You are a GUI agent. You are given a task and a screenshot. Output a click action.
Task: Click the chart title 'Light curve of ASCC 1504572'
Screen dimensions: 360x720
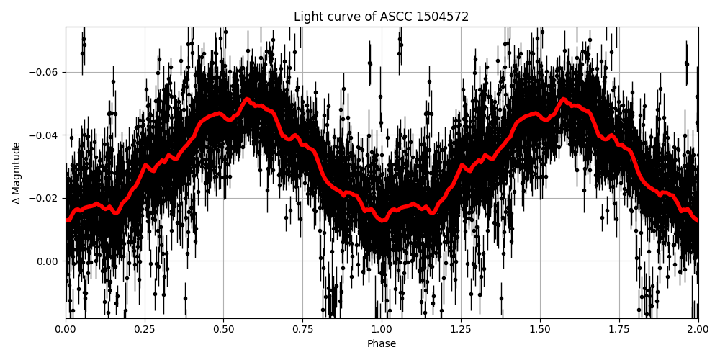(382, 17)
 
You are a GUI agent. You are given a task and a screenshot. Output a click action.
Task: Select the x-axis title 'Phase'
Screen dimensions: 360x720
(382, 344)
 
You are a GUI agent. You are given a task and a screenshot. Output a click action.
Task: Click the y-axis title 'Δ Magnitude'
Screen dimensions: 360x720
(17, 173)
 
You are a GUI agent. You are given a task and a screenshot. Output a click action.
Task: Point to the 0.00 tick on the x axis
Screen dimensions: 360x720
(66, 329)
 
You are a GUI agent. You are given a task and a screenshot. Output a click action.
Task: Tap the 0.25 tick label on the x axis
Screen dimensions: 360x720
(145, 329)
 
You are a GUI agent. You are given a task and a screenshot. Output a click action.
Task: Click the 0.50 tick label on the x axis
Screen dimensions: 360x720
(224, 329)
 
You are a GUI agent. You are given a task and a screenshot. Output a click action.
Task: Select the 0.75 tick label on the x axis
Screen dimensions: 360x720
(302, 329)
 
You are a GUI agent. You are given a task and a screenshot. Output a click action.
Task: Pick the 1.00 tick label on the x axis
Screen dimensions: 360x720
(382, 329)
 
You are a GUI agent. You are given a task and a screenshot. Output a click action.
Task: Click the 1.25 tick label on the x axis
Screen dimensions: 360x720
(461, 329)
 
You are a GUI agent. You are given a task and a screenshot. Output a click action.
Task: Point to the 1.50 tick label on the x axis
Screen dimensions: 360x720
(540, 329)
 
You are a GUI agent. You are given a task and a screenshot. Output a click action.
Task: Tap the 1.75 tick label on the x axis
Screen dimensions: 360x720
(619, 329)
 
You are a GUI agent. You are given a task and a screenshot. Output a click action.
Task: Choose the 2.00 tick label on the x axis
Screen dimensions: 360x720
(698, 329)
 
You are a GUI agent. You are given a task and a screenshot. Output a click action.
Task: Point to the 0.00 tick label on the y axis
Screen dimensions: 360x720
(49, 261)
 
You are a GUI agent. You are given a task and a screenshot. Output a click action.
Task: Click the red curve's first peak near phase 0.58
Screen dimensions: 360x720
(247, 99)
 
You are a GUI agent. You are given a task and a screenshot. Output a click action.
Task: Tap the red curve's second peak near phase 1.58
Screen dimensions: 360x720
(564, 99)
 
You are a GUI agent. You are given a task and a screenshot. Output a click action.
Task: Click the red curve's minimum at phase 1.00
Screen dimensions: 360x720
(382, 220)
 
